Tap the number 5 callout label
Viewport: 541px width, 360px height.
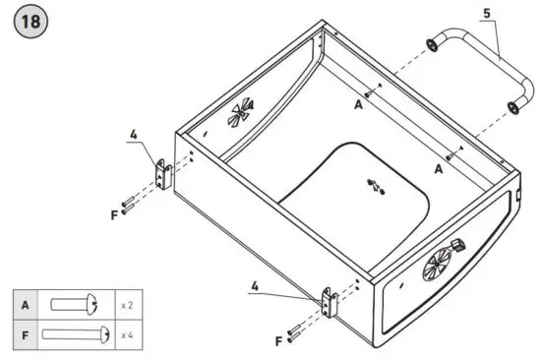point(487,14)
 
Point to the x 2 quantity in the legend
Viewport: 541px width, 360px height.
point(127,305)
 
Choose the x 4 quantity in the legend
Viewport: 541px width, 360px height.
point(127,334)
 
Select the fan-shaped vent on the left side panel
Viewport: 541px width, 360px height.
point(238,114)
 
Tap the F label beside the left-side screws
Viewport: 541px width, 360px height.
point(114,213)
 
